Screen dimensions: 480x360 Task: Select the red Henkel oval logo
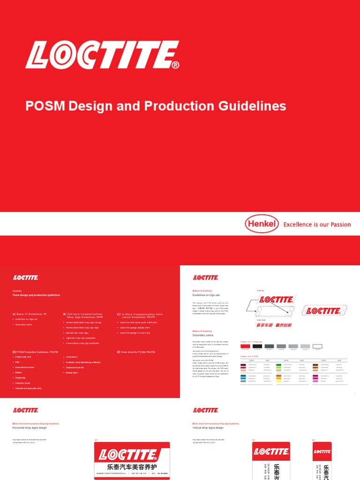click(261, 224)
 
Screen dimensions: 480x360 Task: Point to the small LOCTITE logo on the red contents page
click(26, 277)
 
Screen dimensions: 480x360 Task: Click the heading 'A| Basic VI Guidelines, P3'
click(30, 314)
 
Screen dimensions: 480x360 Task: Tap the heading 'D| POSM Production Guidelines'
click(36, 352)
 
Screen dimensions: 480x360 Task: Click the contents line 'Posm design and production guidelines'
click(36, 295)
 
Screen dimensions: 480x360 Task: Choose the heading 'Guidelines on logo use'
click(206, 295)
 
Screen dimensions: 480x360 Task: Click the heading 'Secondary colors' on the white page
click(202, 335)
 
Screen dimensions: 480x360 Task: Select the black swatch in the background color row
click(257, 346)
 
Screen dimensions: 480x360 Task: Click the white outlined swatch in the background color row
click(317, 346)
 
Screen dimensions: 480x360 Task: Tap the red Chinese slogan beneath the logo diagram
click(274, 325)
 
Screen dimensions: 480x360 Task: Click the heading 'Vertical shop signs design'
click(208, 428)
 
